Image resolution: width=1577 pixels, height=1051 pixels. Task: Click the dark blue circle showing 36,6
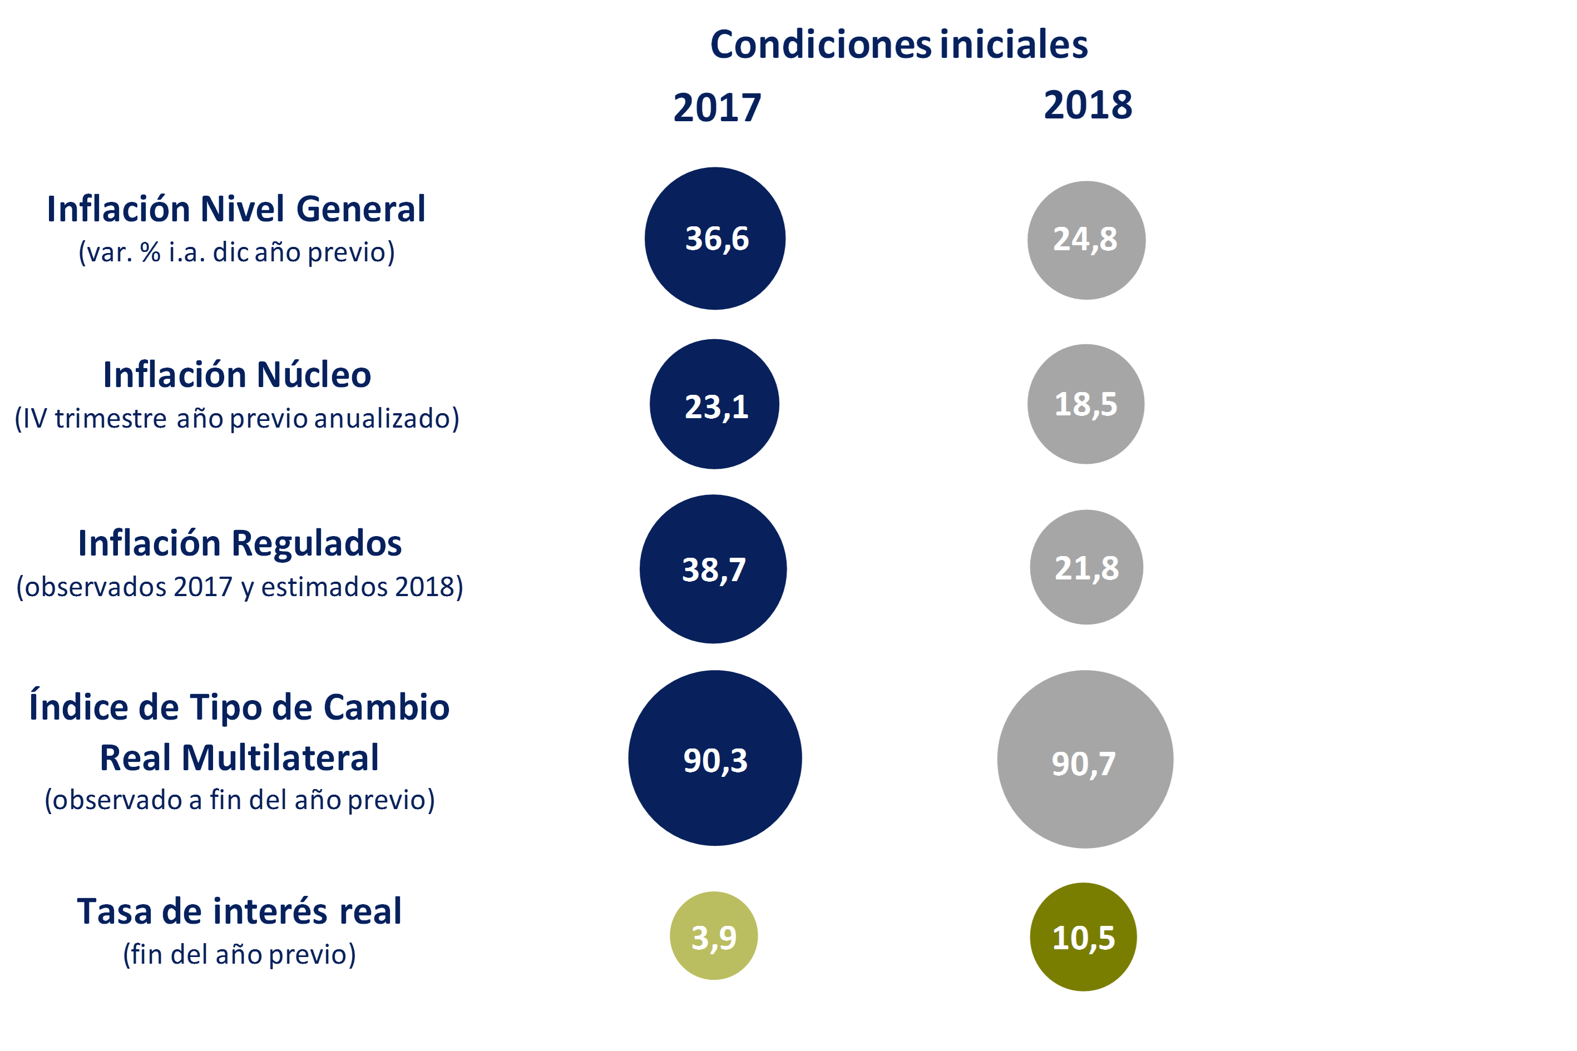tap(715, 239)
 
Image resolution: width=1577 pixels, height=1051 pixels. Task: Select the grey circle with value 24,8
tap(1086, 240)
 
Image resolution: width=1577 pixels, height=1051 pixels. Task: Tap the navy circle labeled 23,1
tap(714, 404)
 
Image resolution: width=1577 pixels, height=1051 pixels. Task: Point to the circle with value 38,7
tap(713, 569)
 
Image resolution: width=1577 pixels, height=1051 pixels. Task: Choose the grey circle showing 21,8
tap(1086, 567)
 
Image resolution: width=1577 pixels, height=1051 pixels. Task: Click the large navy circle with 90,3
tap(715, 758)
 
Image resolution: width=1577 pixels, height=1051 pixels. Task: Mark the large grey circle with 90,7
tap(1085, 760)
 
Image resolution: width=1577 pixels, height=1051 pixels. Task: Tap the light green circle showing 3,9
tap(713, 936)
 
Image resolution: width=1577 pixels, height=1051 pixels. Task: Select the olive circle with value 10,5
tap(1083, 936)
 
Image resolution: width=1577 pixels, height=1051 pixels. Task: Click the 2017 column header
tap(717, 108)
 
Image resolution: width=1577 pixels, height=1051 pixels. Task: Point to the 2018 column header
tap(1087, 105)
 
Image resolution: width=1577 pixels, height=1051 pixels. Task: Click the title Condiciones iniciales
tap(898, 45)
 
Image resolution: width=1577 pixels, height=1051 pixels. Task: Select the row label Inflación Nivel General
tap(236, 209)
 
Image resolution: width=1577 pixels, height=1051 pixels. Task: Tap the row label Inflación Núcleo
tap(236, 375)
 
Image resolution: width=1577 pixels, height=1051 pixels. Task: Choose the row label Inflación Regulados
tap(239, 543)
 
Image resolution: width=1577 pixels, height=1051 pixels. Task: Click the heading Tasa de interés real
tap(239, 911)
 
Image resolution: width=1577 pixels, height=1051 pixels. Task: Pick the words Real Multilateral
tap(239, 758)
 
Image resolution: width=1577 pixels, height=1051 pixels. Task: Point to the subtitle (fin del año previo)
tap(239, 954)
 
